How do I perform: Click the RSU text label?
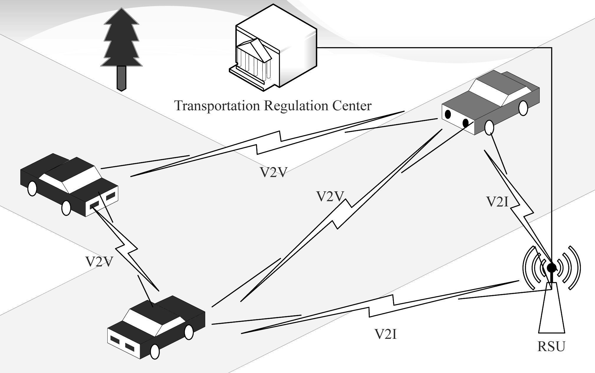click(x=551, y=346)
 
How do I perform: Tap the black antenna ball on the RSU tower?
click(x=551, y=268)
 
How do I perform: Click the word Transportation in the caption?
click(x=217, y=106)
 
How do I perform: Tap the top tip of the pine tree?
click(x=121, y=9)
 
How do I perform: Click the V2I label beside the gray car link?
click(x=497, y=202)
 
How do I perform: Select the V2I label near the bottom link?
click(x=386, y=334)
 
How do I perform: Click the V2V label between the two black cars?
click(x=99, y=261)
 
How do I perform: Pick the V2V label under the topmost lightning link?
click(x=273, y=172)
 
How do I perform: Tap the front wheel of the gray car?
click(x=489, y=127)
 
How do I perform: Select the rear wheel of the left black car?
click(x=32, y=189)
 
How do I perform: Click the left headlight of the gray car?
click(x=448, y=114)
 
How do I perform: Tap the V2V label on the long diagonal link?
click(x=330, y=196)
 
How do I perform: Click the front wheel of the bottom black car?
click(x=155, y=351)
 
